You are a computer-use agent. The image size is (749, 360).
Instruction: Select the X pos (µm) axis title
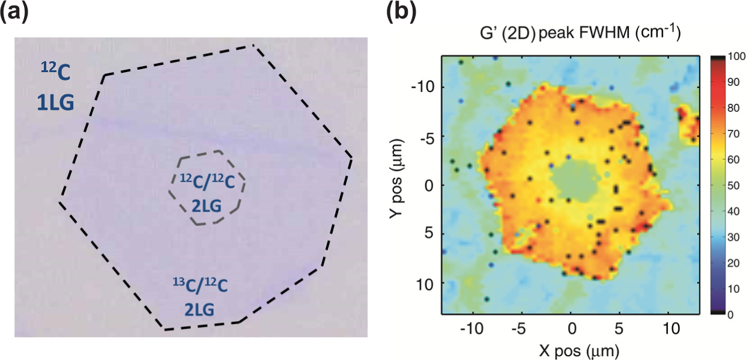click(x=571, y=349)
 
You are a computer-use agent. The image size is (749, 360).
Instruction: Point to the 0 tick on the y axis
click(x=428, y=185)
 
